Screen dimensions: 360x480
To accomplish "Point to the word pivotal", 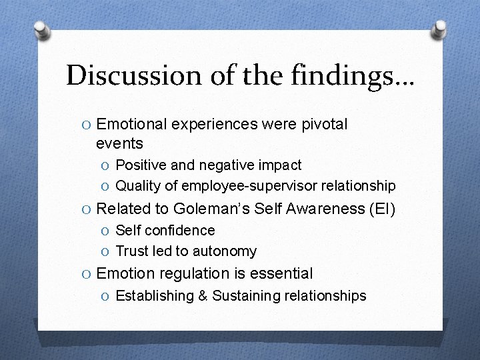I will click(x=323, y=125).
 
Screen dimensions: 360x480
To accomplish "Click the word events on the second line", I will click(x=119, y=143).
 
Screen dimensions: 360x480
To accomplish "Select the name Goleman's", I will click(x=212, y=209).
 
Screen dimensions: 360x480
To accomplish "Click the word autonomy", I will click(x=228, y=251).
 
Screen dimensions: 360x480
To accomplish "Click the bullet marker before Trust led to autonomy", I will click(x=107, y=251).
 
